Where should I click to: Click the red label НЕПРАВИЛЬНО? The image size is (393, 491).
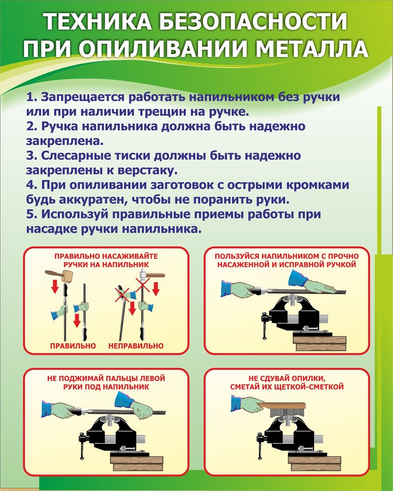click(136, 346)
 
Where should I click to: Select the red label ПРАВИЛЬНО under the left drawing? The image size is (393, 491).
click(73, 346)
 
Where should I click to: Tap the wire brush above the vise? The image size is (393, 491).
click(287, 409)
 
